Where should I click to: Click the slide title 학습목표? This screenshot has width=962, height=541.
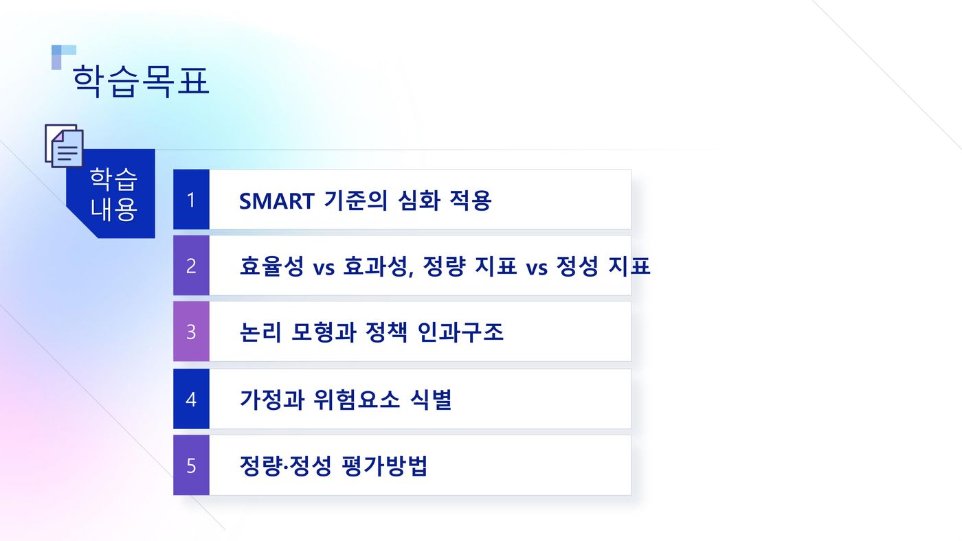[x=141, y=82]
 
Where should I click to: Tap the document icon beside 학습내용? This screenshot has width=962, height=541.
[x=64, y=146]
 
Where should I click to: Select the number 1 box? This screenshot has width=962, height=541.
[x=191, y=200]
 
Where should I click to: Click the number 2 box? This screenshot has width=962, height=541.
[x=191, y=266]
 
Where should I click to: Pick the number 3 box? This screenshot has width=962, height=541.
[x=191, y=332]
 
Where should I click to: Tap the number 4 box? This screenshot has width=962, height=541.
[x=191, y=399]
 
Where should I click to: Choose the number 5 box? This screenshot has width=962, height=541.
[x=191, y=465]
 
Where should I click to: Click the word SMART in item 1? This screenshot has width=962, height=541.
[x=276, y=200]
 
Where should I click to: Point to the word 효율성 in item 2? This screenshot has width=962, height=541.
[x=271, y=266]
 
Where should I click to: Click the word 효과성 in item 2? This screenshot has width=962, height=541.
[x=377, y=266]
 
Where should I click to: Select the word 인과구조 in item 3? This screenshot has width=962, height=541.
[x=460, y=332]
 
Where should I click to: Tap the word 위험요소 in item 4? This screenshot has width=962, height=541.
[x=357, y=400]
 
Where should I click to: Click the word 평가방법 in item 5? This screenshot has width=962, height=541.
[x=385, y=465]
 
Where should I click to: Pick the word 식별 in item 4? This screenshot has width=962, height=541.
[x=431, y=400]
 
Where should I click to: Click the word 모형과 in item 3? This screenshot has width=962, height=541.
[x=324, y=332]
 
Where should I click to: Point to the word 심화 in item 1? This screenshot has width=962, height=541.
[x=418, y=200]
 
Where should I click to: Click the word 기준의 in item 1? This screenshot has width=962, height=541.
[x=356, y=200]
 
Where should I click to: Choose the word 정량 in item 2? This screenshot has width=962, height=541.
[x=444, y=266]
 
